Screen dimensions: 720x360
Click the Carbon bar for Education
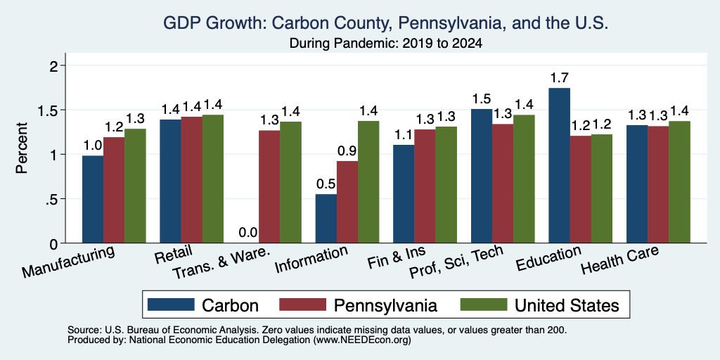pos(559,165)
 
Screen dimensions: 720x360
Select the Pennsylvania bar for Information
pos(347,202)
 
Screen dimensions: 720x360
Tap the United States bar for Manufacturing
pos(135,186)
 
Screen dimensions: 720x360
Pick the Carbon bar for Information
pos(326,219)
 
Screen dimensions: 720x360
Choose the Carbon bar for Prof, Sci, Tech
pos(481,176)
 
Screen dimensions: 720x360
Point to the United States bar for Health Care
pos(680,182)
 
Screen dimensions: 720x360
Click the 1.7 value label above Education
pos(559,77)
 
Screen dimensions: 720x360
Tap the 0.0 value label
pos(248,233)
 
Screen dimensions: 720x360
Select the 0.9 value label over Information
pos(347,151)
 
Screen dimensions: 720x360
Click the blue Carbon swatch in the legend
pos(171,304)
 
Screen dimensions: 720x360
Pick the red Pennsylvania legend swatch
pos(302,304)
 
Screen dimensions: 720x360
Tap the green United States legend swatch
pos(484,304)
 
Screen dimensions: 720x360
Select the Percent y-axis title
pos(22,148)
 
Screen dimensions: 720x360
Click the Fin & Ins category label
pos(397,257)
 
